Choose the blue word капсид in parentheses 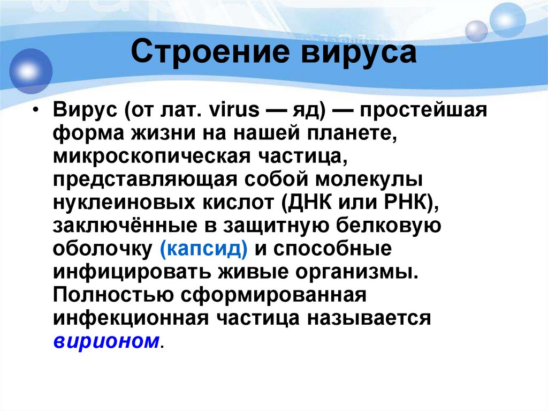click(x=203, y=249)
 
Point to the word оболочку click(x=102, y=249)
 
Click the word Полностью click(x=112, y=294)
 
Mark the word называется click(x=369, y=317)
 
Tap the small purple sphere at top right click(x=476, y=31)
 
